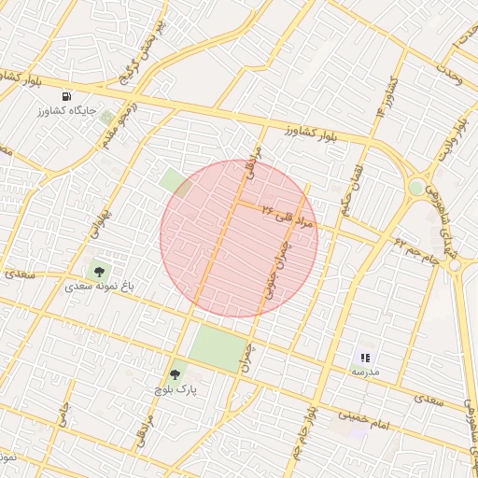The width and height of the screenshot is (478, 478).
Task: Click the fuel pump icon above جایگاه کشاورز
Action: point(65,96)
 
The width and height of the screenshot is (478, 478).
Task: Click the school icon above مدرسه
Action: point(365,357)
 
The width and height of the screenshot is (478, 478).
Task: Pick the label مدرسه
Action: point(365,372)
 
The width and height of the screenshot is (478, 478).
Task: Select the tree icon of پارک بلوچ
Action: point(175,374)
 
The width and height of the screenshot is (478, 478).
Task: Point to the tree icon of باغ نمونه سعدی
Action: point(99,272)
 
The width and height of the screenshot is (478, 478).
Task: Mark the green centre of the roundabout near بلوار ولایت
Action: point(415,188)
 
